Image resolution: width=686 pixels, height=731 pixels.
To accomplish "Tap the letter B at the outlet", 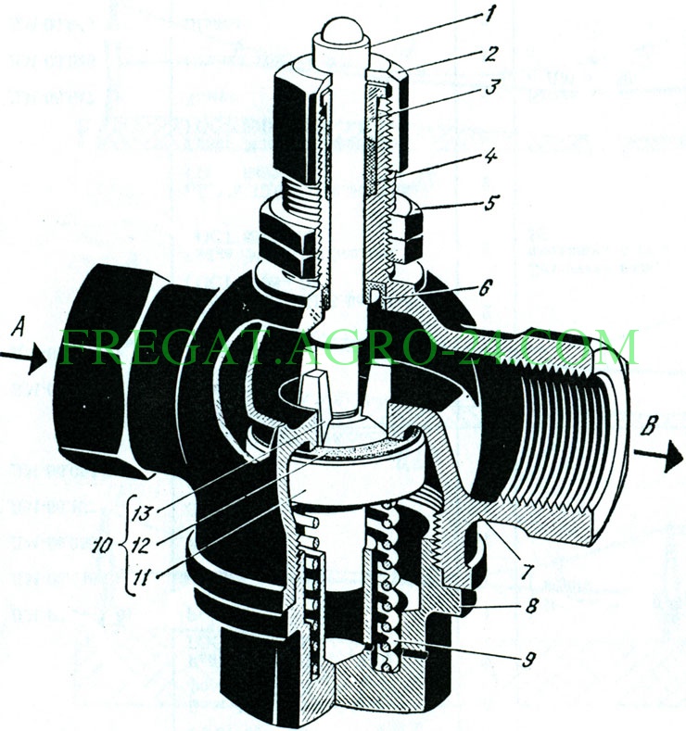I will click(650, 425).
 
